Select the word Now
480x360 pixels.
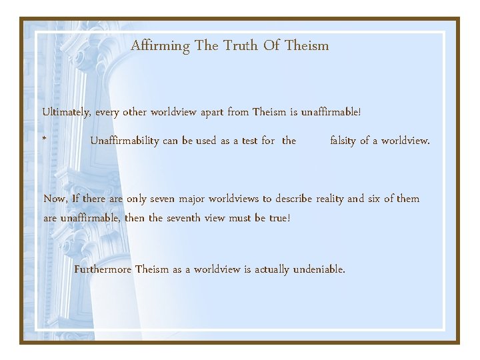[55, 199]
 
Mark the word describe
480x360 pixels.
[293, 199]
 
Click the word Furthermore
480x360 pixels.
[103, 270]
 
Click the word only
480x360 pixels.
[125, 199]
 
